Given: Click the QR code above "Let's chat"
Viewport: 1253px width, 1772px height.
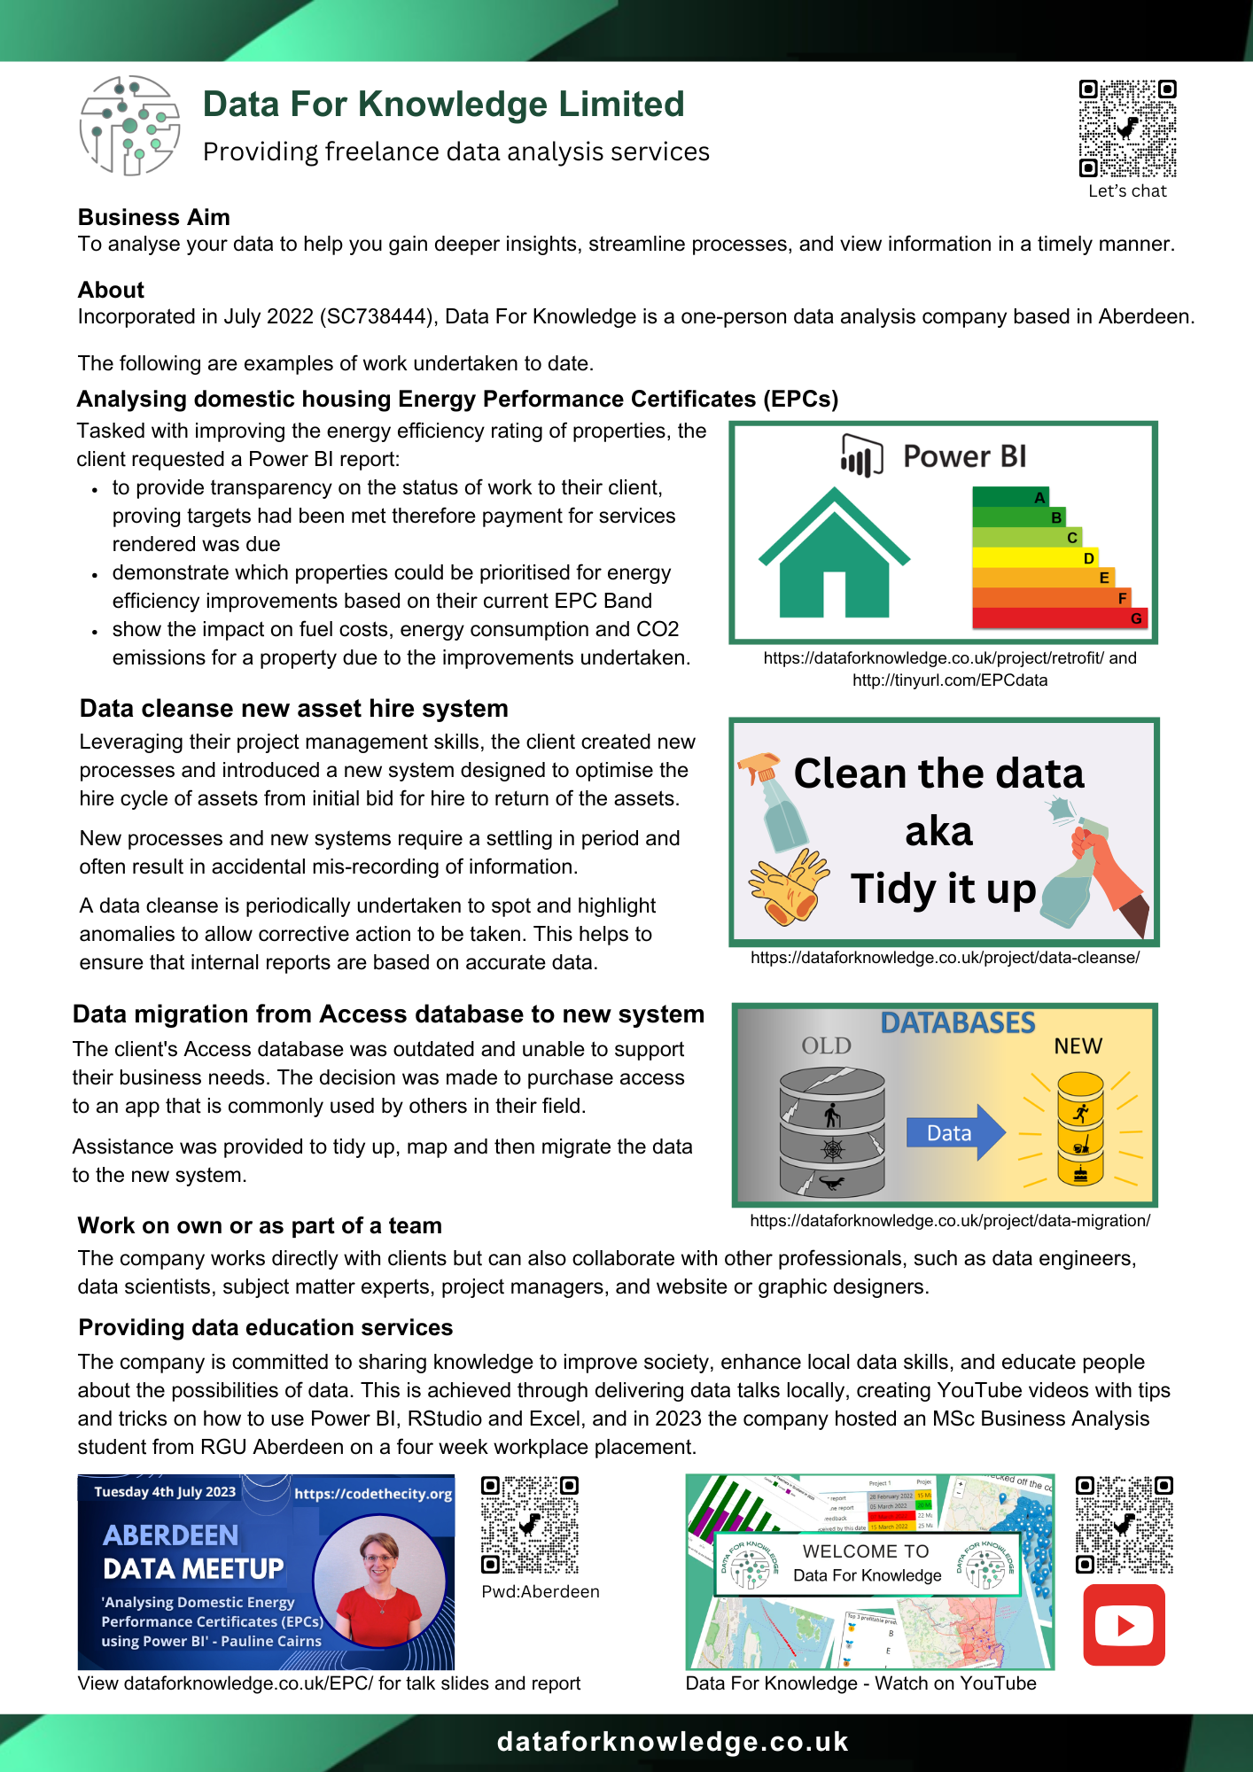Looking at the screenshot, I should (1127, 128).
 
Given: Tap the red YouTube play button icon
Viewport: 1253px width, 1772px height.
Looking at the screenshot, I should (1124, 1625).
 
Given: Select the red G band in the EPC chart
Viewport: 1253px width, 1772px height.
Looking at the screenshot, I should (1060, 618).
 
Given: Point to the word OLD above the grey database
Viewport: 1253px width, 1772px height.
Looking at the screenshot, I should (826, 1046).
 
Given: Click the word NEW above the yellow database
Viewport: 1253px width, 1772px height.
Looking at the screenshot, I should (1078, 1046).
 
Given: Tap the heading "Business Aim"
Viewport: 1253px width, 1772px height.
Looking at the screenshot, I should (154, 217).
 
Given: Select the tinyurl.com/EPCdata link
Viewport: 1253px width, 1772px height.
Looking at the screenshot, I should (950, 680).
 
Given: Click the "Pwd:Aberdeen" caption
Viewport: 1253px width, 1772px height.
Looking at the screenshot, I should (541, 1591).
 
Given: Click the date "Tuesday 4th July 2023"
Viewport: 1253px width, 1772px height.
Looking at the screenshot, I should (165, 1492).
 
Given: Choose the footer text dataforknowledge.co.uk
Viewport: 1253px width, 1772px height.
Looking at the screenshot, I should (673, 1742).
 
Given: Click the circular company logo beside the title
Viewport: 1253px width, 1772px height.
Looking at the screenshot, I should (129, 125).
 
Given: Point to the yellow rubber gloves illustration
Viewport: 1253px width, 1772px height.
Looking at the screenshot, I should (787, 883).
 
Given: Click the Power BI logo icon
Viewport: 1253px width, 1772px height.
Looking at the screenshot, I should (860, 456).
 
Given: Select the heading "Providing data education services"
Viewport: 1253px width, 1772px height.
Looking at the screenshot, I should (266, 1327).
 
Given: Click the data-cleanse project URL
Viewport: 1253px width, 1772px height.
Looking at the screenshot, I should (945, 958).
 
